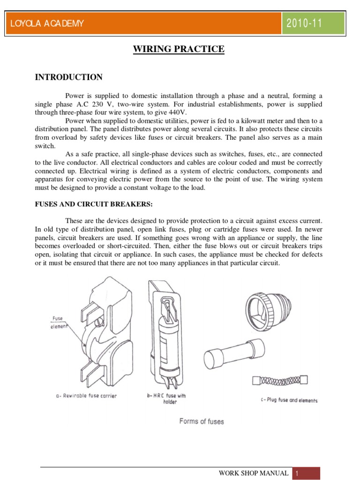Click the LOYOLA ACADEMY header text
tap(45, 24)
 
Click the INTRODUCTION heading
tap(69, 77)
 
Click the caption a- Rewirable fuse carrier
tap(86, 396)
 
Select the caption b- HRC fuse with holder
tap(166, 398)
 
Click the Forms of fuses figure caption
tap(202, 421)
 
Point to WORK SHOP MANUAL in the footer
tap(254, 473)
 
